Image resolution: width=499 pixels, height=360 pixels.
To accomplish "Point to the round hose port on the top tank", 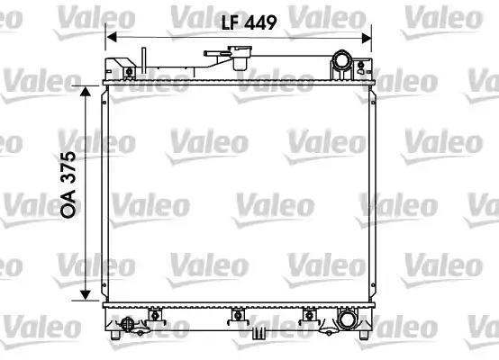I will pos(341,62).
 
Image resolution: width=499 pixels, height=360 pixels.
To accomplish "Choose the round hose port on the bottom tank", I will pos(347,318).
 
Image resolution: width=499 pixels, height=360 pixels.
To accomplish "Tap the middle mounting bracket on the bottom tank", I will pos(238,314).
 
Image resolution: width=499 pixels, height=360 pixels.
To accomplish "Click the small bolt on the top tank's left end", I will pos(129,71).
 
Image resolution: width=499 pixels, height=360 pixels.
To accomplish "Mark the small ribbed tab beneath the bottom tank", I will pos(259,333).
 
